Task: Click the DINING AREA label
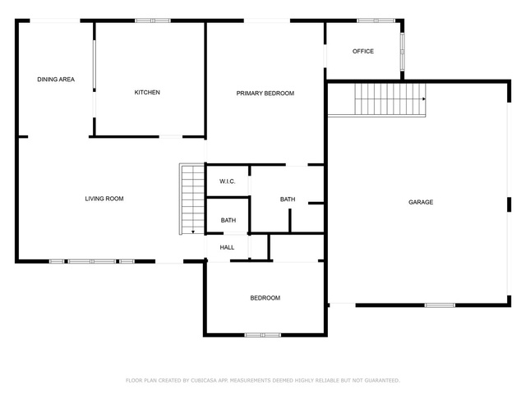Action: [x=56, y=80]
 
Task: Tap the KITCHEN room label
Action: [x=147, y=93]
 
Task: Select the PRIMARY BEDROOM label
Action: [x=265, y=94]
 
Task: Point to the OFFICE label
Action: [x=363, y=51]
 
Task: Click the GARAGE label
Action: [x=421, y=202]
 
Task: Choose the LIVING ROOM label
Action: [x=104, y=199]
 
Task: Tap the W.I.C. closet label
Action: [x=227, y=181]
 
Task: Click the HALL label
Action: [x=227, y=248]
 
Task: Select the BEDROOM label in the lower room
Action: [x=265, y=298]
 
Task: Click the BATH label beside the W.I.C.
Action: [x=288, y=199]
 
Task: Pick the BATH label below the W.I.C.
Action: [x=228, y=221]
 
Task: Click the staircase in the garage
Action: [x=390, y=99]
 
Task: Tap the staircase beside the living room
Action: [x=192, y=199]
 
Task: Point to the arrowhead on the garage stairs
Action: [x=424, y=98]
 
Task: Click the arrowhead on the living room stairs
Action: [x=193, y=231]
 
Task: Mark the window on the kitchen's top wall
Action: [x=153, y=21]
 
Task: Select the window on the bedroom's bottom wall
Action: [x=263, y=335]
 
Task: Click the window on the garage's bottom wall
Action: [x=440, y=305]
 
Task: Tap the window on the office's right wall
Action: [x=402, y=51]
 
